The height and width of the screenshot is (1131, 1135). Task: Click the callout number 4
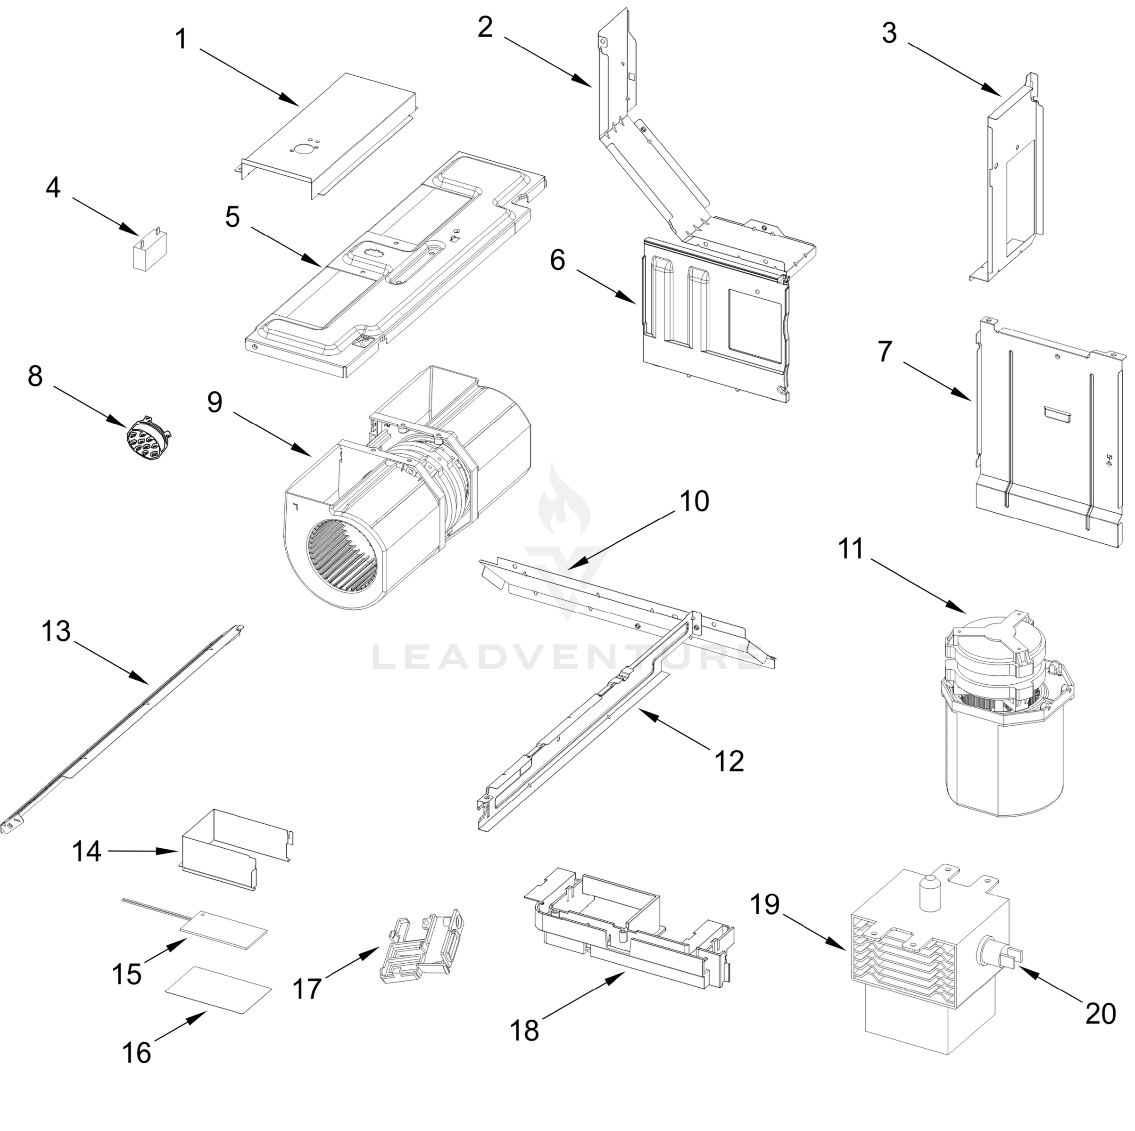(x=53, y=188)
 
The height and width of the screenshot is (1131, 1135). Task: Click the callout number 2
(x=485, y=28)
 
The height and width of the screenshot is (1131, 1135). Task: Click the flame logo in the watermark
(x=564, y=500)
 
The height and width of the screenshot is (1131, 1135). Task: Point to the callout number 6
(x=557, y=260)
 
